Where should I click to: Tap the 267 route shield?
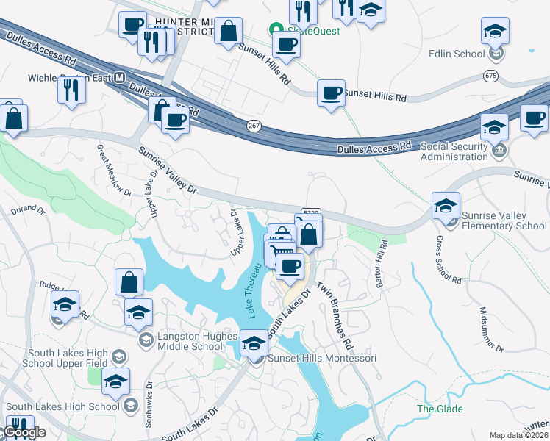pyautogui.click(x=254, y=126)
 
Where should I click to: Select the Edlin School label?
pyautogui.click(x=457, y=54)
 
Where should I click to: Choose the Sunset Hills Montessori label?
pyautogui.click(x=321, y=358)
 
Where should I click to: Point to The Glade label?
pyautogui.click(x=440, y=409)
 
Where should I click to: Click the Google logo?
pyautogui.click(x=24, y=432)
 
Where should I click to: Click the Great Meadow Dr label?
pyautogui.click(x=113, y=169)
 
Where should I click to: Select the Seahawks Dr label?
pyautogui.click(x=149, y=398)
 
